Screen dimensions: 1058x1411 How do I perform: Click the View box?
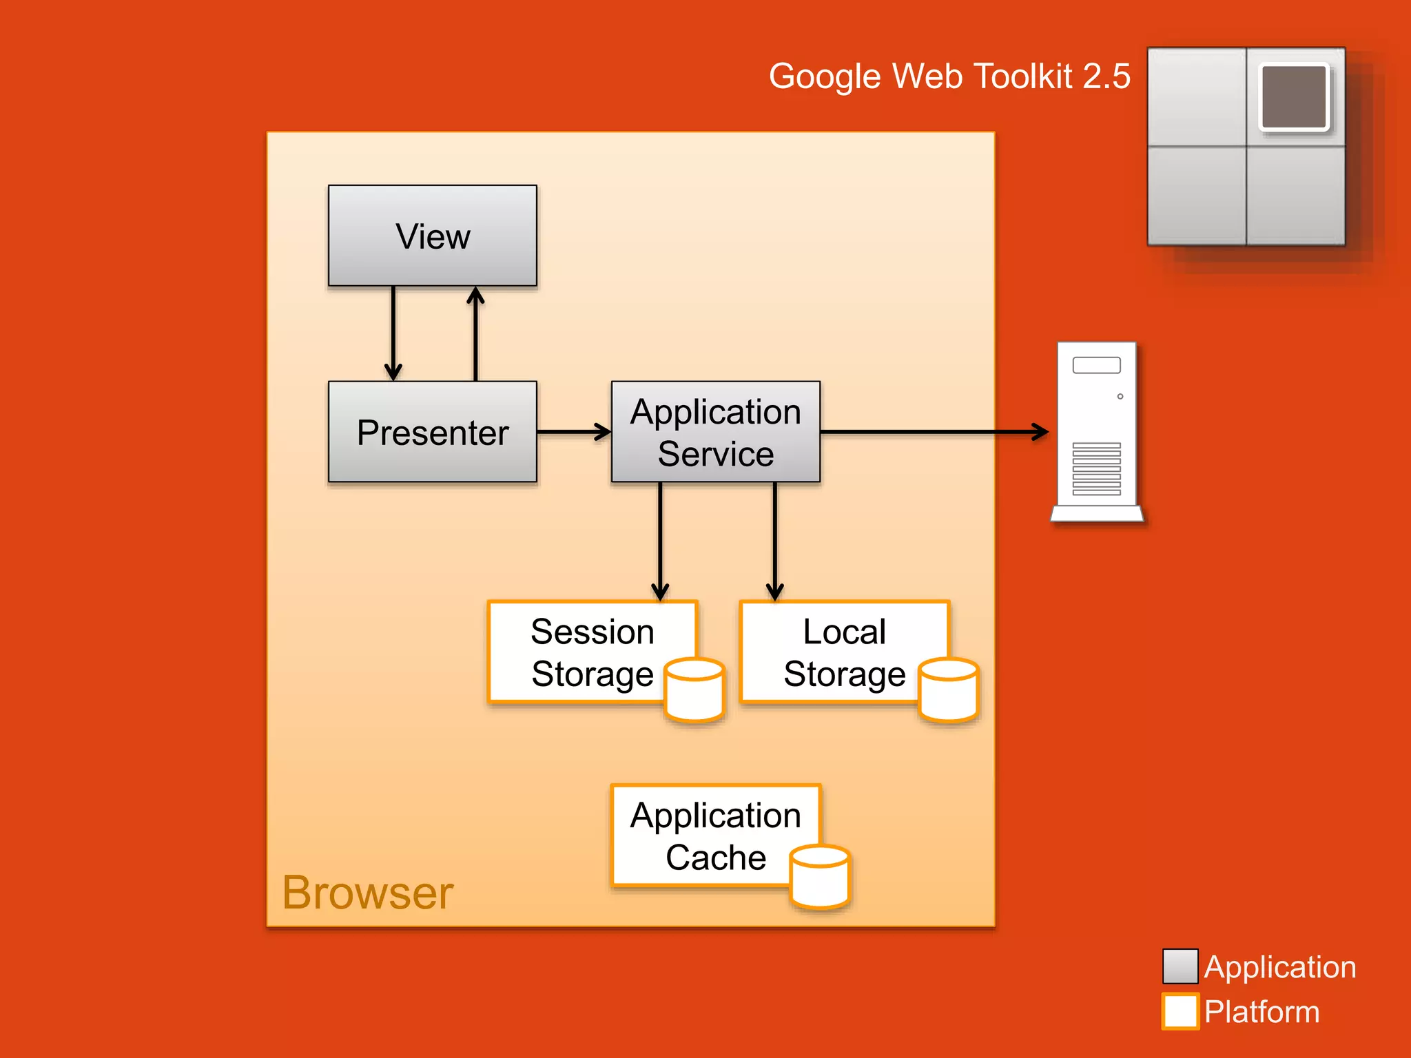(433, 236)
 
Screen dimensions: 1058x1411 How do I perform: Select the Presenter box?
(433, 432)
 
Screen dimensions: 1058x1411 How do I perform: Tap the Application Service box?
(715, 432)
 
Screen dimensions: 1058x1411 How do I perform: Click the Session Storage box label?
(592, 652)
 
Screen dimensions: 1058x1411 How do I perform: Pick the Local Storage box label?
(844, 652)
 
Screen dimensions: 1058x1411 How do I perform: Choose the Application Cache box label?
(715, 836)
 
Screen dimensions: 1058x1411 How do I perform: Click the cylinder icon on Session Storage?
(694, 690)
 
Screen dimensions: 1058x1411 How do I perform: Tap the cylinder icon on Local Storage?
(949, 690)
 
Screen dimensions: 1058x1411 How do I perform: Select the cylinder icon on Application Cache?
(820, 877)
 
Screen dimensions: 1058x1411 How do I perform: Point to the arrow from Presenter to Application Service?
(573, 432)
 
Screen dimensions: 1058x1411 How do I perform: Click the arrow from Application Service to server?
(934, 432)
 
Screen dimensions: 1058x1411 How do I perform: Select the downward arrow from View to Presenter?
(393, 333)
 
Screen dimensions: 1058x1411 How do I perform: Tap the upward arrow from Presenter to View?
(475, 333)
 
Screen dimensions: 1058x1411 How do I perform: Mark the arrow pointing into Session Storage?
(660, 541)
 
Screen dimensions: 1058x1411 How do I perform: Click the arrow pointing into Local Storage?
(775, 541)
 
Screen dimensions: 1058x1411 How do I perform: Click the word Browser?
(367, 893)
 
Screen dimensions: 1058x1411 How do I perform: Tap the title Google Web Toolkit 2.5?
(949, 76)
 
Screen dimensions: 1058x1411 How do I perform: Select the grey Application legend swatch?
(1180, 966)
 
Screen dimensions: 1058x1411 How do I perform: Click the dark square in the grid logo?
(1294, 96)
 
